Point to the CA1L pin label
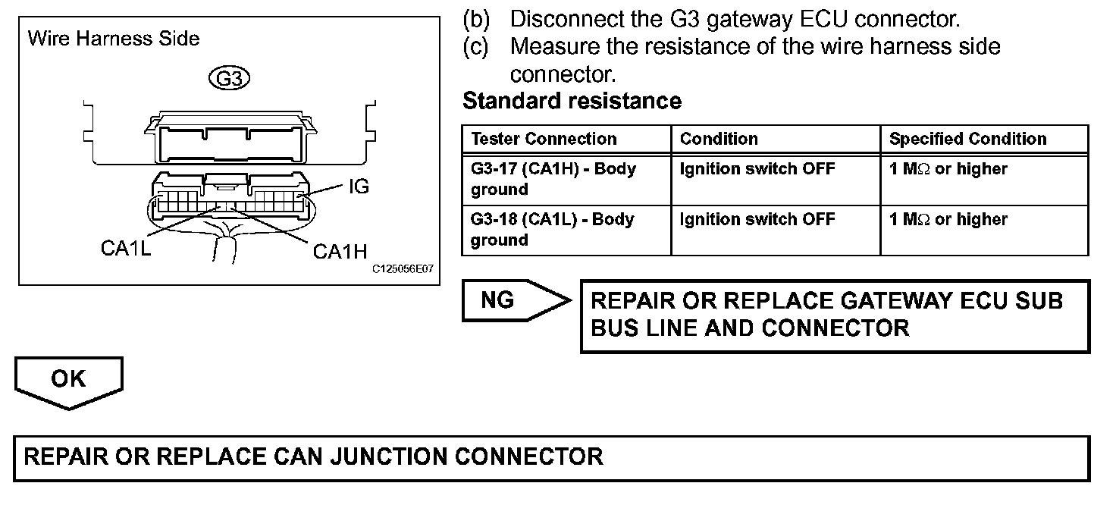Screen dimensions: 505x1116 pyautogui.click(x=126, y=249)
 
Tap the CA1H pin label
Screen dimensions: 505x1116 pyautogui.click(x=340, y=251)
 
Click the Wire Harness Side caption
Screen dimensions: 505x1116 pyautogui.click(x=114, y=39)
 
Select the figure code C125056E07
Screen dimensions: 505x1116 pyautogui.click(x=403, y=269)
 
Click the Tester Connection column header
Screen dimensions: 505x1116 pyautogui.click(x=544, y=139)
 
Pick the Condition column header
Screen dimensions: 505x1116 pyautogui.click(x=719, y=139)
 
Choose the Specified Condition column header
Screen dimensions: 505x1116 pyautogui.click(x=967, y=139)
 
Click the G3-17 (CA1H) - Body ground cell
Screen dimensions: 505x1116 pyautogui.click(x=553, y=178)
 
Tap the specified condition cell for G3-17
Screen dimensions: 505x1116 pyautogui.click(x=948, y=169)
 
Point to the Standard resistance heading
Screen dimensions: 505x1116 pyautogui.click(x=572, y=100)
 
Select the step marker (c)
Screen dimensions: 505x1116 pyautogui.click(x=475, y=46)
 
